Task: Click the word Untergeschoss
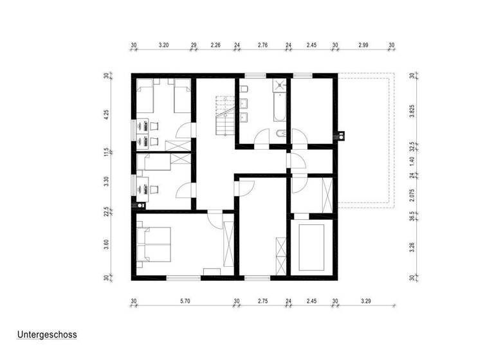click(x=47, y=335)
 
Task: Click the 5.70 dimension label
click(x=185, y=301)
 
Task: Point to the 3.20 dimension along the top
click(x=163, y=46)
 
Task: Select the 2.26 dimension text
click(x=215, y=46)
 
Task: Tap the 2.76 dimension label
click(x=262, y=46)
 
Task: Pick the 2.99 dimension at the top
click(x=363, y=46)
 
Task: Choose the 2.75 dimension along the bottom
click(x=262, y=301)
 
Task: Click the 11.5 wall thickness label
click(x=107, y=153)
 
